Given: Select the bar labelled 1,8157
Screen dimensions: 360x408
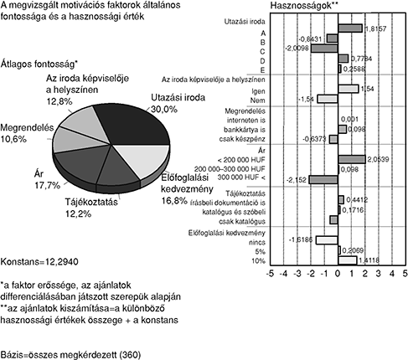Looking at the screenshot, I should [350, 28].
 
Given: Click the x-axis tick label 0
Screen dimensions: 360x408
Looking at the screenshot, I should [338, 274].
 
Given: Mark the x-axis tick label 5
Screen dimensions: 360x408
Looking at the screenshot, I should [405, 274].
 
